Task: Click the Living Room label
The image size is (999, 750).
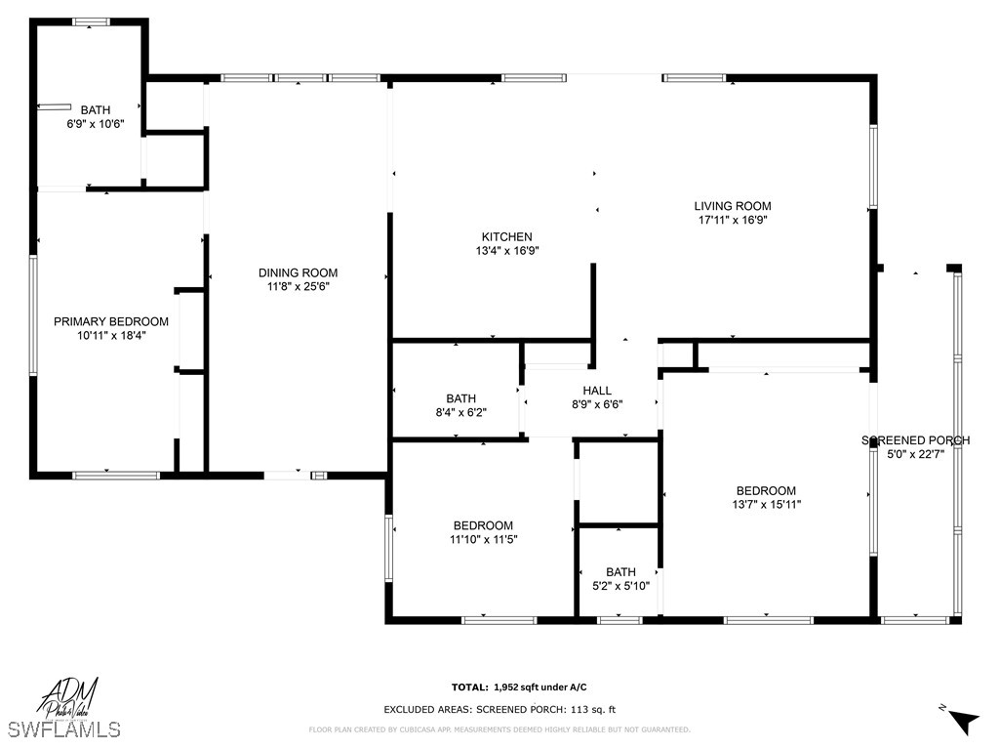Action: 733,206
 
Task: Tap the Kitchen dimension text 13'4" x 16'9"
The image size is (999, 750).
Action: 506,251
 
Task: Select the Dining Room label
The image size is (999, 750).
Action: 298,272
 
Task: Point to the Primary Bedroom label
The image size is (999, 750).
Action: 110,321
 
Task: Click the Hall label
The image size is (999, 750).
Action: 597,391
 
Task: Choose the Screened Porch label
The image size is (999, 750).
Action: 915,440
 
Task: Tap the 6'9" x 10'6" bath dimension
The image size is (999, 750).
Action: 95,124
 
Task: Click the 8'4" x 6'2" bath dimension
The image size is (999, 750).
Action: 460,412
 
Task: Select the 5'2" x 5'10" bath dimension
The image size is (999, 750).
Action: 619,586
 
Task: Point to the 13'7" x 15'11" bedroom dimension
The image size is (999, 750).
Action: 766,505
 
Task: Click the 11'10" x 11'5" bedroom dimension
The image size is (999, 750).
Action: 483,539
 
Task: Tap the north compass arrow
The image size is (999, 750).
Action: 961,720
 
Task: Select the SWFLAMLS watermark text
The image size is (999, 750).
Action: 64,729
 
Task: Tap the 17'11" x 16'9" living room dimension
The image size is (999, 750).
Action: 733,221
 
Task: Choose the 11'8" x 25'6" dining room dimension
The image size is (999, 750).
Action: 298,286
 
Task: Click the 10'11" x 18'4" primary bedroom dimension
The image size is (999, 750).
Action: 110,335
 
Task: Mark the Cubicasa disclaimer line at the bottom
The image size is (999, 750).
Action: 499,729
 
